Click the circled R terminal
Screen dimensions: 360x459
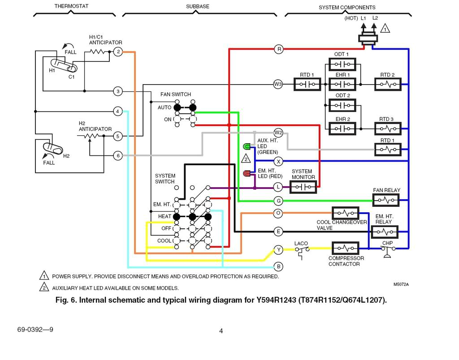pyautogui.click(x=279, y=49)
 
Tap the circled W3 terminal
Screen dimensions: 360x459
pyautogui.click(x=278, y=84)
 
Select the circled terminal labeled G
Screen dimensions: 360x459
pyautogui.click(x=278, y=201)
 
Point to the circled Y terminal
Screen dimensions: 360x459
pyautogui.click(x=278, y=249)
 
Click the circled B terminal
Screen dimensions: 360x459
pyautogui.click(x=278, y=266)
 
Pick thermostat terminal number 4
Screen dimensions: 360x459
pyautogui.click(x=118, y=111)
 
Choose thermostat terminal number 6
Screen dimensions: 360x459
pyautogui.click(x=118, y=155)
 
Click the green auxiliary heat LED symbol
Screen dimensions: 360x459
pyautogui.click(x=247, y=146)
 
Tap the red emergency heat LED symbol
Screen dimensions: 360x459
pyautogui.click(x=247, y=173)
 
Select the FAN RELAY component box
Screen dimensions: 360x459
pyautogui.click(x=385, y=200)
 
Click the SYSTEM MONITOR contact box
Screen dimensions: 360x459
pyautogui.click(x=303, y=187)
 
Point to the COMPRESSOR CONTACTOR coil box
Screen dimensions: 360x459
pyautogui.click(x=345, y=248)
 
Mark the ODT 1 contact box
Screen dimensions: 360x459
pyautogui.click(x=342, y=64)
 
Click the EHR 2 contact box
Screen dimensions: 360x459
pyautogui.click(x=342, y=129)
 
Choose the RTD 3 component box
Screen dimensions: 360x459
pyautogui.click(x=388, y=129)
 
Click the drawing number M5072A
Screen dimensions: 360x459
pyautogui.click(x=401, y=284)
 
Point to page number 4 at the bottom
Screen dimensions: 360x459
pyautogui.click(x=221, y=331)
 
